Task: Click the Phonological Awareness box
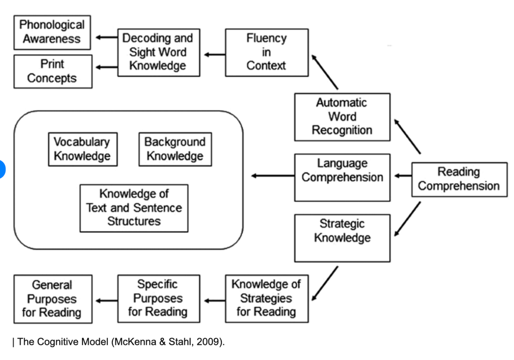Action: click(52, 32)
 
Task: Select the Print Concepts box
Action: click(53, 71)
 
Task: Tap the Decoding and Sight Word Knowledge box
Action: click(159, 53)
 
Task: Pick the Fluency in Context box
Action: click(267, 53)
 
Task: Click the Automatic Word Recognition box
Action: click(342, 117)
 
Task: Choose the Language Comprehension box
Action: click(342, 177)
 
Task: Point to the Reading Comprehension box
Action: click(459, 179)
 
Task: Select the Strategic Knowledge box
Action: click(342, 238)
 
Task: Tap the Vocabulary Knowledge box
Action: click(83, 149)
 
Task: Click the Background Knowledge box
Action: click(175, 149)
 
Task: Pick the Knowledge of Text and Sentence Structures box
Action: click(134, 208)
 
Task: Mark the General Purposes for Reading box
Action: click(53, 299)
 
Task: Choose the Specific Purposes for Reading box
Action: click(159, 299)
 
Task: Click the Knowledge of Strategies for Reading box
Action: click(267, 299)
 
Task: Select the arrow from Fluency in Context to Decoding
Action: click(215, 55)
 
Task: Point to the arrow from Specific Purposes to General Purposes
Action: click(106, 301)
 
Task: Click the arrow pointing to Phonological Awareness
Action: click(106, 37)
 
